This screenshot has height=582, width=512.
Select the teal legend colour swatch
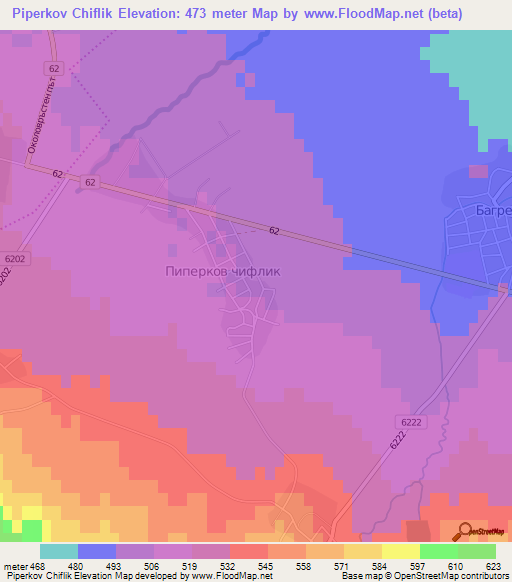click(x=59, y=551)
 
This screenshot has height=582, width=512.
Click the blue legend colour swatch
click(x=97, y=551)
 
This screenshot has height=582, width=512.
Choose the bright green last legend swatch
click(x=476, y=551)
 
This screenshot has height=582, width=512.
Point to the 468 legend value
click(x=37, y=565)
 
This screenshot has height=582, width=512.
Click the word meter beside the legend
click(x=16, y=565)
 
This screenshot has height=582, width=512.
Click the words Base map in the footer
click(x=358, y=576)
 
